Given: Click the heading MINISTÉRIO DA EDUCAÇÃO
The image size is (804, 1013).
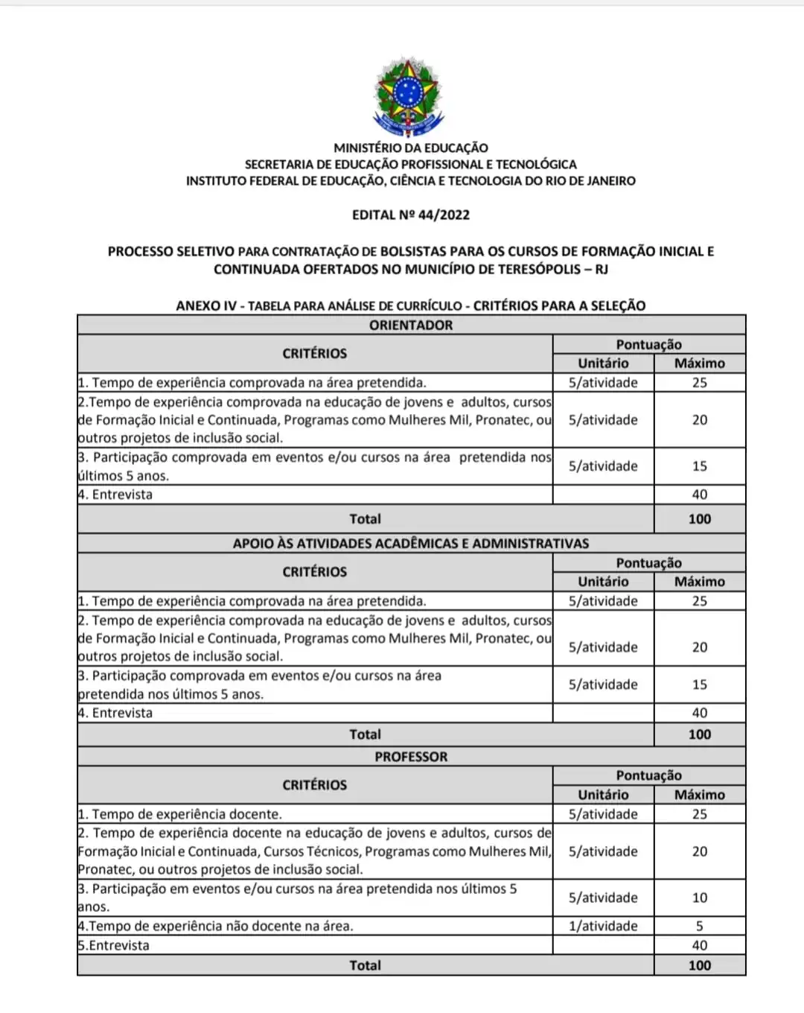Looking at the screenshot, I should [411, 147].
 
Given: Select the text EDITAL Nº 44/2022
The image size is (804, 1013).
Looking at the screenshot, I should [411, 215].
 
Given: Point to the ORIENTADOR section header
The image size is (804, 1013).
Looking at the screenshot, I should [411, 325].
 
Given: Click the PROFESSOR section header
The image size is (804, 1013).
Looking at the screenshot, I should [411, 756].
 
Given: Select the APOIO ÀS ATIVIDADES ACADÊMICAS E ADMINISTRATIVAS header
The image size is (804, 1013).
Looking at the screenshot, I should [411, 543].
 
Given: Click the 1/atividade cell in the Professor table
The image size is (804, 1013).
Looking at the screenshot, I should [603, 926].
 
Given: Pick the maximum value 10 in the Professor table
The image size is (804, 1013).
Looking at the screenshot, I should [700, 898].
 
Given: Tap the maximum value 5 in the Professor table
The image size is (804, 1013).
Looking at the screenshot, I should [700, 926].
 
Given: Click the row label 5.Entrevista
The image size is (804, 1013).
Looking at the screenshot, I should [114, 945].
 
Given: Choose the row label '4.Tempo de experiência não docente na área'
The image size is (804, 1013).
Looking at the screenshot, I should [216, 926].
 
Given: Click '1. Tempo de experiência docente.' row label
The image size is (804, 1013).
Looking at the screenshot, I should [180, 814].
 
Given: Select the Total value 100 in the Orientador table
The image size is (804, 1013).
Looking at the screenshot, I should [700, 518].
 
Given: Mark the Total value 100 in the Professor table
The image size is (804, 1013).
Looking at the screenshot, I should [700, 965].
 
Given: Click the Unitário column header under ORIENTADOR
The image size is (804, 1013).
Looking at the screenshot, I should [603, 363].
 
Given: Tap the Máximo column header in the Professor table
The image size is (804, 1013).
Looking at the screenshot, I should [700, 794].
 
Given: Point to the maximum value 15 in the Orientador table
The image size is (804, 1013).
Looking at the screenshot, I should [700, 466].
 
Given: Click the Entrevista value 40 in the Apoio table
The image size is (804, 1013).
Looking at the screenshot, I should [700, 713].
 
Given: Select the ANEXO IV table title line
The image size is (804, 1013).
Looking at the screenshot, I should [411, 305].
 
